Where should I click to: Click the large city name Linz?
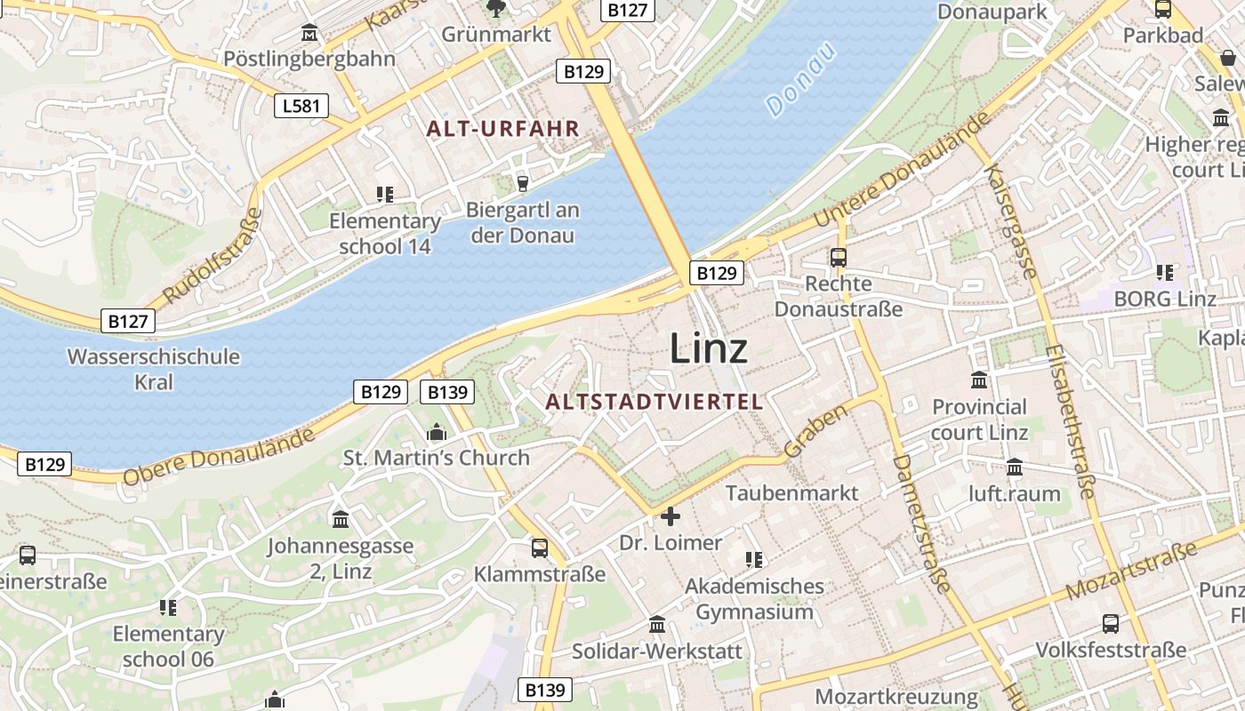[x=708, y=348]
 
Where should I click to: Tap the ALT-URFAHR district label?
[x=502, y=129]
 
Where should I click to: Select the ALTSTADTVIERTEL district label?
[x=655, y=402]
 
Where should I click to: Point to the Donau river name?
[x=801, y=79]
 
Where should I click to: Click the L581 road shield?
[x=301, y=107]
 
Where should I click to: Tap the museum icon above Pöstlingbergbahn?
[x=309, y=33]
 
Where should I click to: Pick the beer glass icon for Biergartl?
[x=523, y=183]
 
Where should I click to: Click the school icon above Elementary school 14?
[x=385, y=194]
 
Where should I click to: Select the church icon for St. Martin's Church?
[x=437, y=433]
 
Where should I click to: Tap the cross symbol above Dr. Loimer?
[x=671, y=516]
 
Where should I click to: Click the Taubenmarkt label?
[x=792, y=492]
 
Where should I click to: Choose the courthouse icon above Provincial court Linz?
[x=979, y=380]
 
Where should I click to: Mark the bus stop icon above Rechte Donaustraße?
[x=838, y=258]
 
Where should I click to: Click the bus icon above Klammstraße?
[x=540, y=547]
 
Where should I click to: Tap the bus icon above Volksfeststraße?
[x=1111, y=624]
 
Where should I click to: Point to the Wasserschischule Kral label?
[x=154, y=369]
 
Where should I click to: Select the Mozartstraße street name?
[x=1131, y=571]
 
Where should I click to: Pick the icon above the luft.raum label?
[x=1015, y=467]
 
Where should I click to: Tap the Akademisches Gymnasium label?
[x=754, y=599]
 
